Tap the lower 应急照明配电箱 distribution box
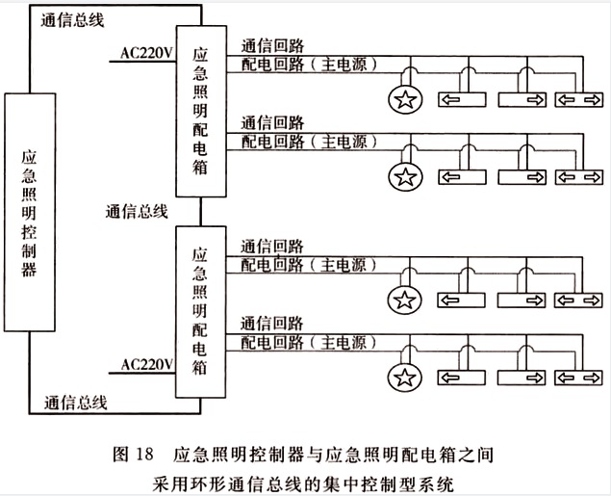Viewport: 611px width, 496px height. coord(200,309)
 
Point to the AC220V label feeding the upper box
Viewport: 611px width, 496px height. coord(147,53)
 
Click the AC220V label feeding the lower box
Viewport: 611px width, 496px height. coord(147,364)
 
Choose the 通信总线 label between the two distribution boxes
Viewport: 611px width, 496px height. coord(138,211)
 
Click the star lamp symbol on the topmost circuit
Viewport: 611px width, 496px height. coord(406,99)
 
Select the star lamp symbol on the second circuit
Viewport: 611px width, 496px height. coord(406,177)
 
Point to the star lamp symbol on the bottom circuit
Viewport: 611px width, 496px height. coord(406,375)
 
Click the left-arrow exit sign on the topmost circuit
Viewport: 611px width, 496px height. coord(464,99)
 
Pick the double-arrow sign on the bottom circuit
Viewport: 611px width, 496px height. coord(579,375)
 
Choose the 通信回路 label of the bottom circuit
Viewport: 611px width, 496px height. coord(272,322)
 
